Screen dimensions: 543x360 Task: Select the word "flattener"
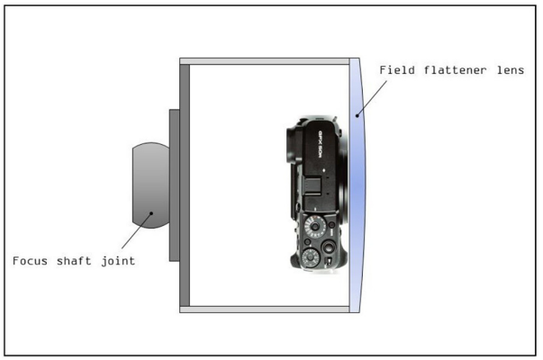(448, 70)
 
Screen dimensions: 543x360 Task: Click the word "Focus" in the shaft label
(32, 261)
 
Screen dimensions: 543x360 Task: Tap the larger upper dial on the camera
(315, 225)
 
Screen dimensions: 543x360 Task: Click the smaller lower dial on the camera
(310, 258)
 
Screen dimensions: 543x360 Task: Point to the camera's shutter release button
(330, 246)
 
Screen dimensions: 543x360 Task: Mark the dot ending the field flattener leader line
(357, 114)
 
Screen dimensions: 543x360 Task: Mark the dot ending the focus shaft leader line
(151, 213)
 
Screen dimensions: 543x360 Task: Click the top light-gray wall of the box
(266, 62)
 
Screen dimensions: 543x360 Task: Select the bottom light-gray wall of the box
(266, 309)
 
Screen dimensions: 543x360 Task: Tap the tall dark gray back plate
(185, 184)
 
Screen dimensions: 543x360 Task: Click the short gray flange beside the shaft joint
(174, 184)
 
